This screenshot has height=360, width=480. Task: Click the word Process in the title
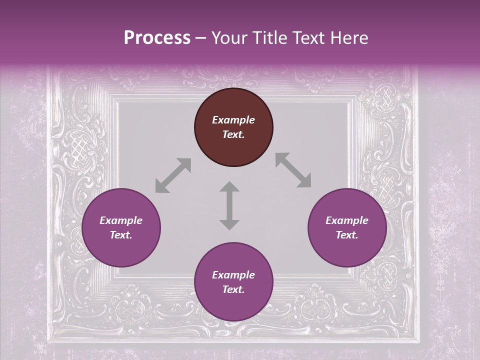pos(157,38)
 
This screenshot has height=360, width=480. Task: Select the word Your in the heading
pos(229,38)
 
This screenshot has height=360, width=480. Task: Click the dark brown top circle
pos(233,127)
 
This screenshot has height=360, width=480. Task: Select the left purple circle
pos(121,228)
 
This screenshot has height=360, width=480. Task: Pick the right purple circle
pos(347,228)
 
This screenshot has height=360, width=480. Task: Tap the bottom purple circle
pos(233,282)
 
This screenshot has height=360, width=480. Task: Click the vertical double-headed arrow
pos(229,206)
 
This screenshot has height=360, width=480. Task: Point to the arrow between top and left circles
pos(173,175)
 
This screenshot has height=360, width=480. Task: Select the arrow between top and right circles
pos(293,170)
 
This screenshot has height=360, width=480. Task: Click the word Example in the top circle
pos(233,120)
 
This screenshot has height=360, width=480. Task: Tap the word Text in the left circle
pos(121,235)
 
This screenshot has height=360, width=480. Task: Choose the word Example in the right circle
pos(347,220)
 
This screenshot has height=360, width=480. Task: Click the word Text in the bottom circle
pos(233,289)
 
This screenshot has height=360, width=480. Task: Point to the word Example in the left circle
pos(121,220)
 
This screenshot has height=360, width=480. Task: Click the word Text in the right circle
pos(347,235)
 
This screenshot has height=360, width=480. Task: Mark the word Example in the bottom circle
pos(233,275)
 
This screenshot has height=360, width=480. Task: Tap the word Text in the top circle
pos(233,134)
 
